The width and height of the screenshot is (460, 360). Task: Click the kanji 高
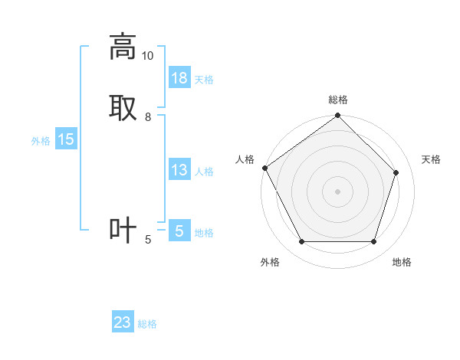point(123,47)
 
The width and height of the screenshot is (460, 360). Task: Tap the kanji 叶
point(123,230)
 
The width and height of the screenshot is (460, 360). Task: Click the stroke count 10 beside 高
point(147,56)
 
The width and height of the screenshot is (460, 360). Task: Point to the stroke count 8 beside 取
point(148,116)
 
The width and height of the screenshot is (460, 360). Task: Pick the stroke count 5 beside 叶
point(148,240)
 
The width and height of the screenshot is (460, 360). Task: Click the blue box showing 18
point(179,78)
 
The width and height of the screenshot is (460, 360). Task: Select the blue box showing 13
point(179,170)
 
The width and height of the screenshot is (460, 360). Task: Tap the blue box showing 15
point(66,139)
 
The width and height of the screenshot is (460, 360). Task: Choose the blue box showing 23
point(123,322)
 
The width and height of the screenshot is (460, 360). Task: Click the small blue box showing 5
point(179,231)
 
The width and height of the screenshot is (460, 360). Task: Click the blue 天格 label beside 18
point(204,80)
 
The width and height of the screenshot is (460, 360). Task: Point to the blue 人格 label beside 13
point(204,172)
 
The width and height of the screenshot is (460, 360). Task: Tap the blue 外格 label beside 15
point(41,141)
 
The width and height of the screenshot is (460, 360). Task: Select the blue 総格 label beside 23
point(147,324)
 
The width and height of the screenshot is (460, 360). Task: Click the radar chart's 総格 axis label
point(338,100)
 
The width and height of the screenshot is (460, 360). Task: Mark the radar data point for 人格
point(264,168)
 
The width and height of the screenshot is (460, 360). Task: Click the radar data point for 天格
point(396,172)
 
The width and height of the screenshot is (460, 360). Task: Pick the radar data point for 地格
point(374,242)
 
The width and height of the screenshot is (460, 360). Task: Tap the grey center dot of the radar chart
point(338,191)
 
